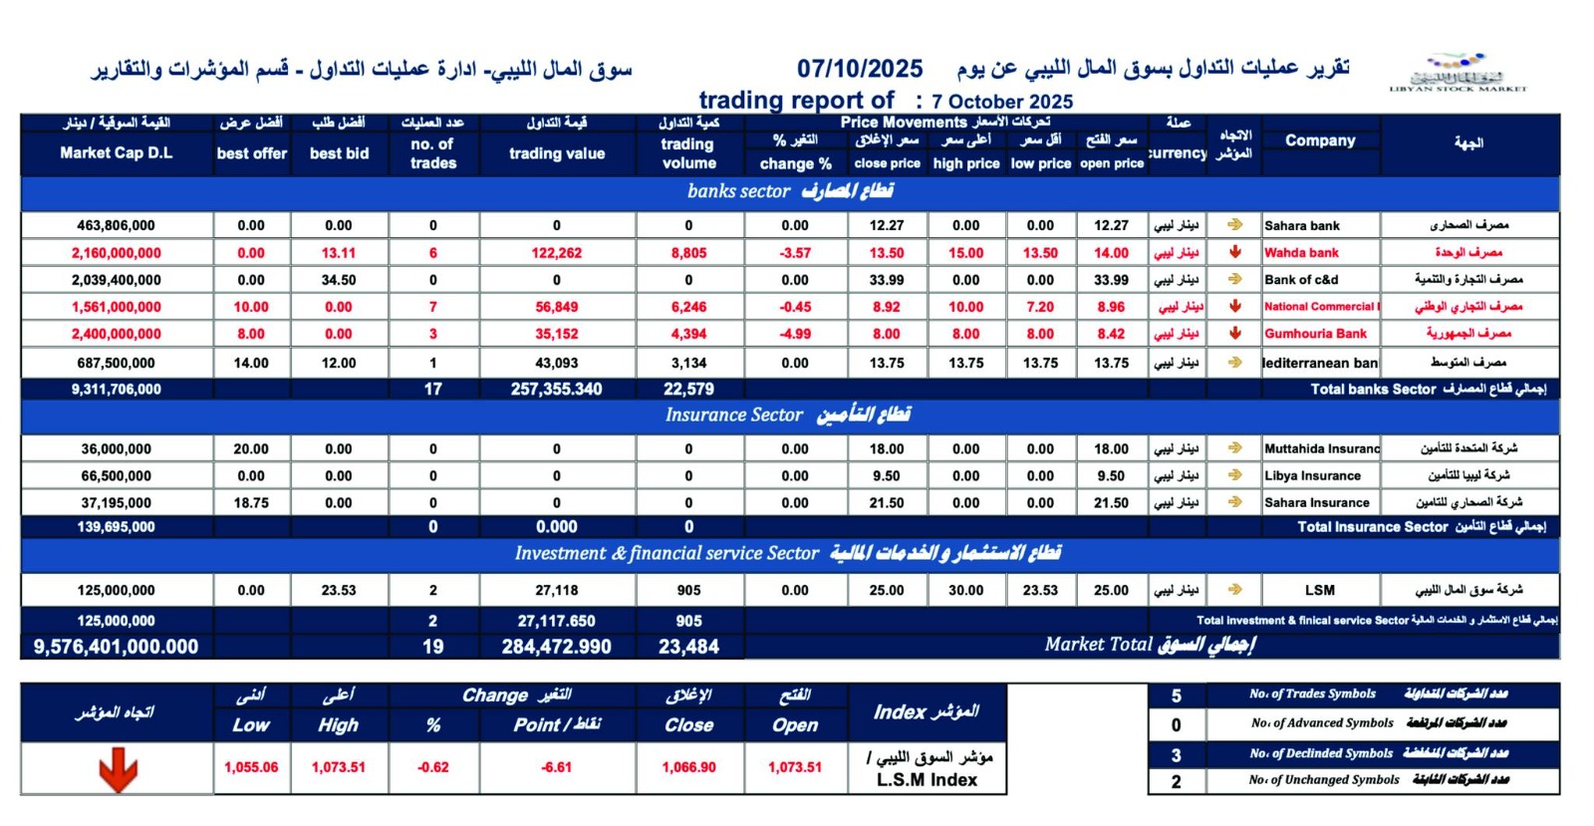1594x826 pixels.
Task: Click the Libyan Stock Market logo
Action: (x=1458, y=73)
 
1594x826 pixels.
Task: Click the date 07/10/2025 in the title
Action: (x=860, y=69)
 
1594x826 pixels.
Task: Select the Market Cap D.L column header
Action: (x=116, y=152)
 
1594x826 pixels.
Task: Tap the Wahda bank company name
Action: (x=1301, y=253)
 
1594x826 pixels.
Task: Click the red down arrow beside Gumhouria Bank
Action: (x=1235, y=334)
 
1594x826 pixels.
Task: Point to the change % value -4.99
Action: (x=795, y=334)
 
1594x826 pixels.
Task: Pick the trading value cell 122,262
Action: (x=556, y=253)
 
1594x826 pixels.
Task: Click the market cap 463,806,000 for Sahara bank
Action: (x=116, y=225)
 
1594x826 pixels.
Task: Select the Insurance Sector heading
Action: (x=788, y=414)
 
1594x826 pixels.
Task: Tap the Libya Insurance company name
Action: (x=1312, y=476)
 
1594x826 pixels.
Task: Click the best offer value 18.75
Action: (x=251, y=503)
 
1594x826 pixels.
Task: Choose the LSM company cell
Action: (x=1320, y=590)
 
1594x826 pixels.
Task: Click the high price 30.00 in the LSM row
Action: (x=965, y=590)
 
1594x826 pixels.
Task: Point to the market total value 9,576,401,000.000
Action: (x=116, y=647)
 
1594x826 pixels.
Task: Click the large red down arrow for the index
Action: (x=118, y=770)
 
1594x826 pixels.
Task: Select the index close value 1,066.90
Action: (x=688, y=767)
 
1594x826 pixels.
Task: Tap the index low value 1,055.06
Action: (x=251, y=767)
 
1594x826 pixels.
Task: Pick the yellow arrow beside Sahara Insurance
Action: (x=1235, y=502)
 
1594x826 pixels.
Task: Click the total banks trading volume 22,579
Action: (x=688, y=389)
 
